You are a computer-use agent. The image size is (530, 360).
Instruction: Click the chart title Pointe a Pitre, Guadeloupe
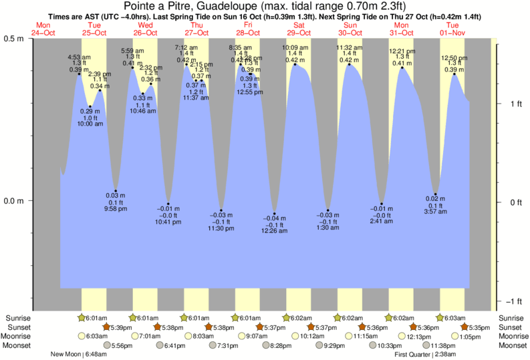coord(265,6)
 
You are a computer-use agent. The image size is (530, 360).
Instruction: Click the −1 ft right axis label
coord(512,300)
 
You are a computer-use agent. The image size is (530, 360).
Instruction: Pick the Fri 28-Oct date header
coord(248,29)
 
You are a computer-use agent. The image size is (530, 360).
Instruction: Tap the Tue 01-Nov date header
coord(453,29)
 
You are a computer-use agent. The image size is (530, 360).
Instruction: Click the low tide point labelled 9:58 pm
coord(116,191)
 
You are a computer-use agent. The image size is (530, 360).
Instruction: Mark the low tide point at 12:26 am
coord(275,213)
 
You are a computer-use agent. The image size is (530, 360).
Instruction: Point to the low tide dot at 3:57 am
coord(435,194)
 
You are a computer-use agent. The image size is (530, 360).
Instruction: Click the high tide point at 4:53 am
coord(79,73)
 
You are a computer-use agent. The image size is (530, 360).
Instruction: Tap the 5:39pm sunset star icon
coord(106,327)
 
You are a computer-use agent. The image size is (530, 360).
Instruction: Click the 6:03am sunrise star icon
coord(440,318)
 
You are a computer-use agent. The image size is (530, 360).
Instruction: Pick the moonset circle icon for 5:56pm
coord(106,346)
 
